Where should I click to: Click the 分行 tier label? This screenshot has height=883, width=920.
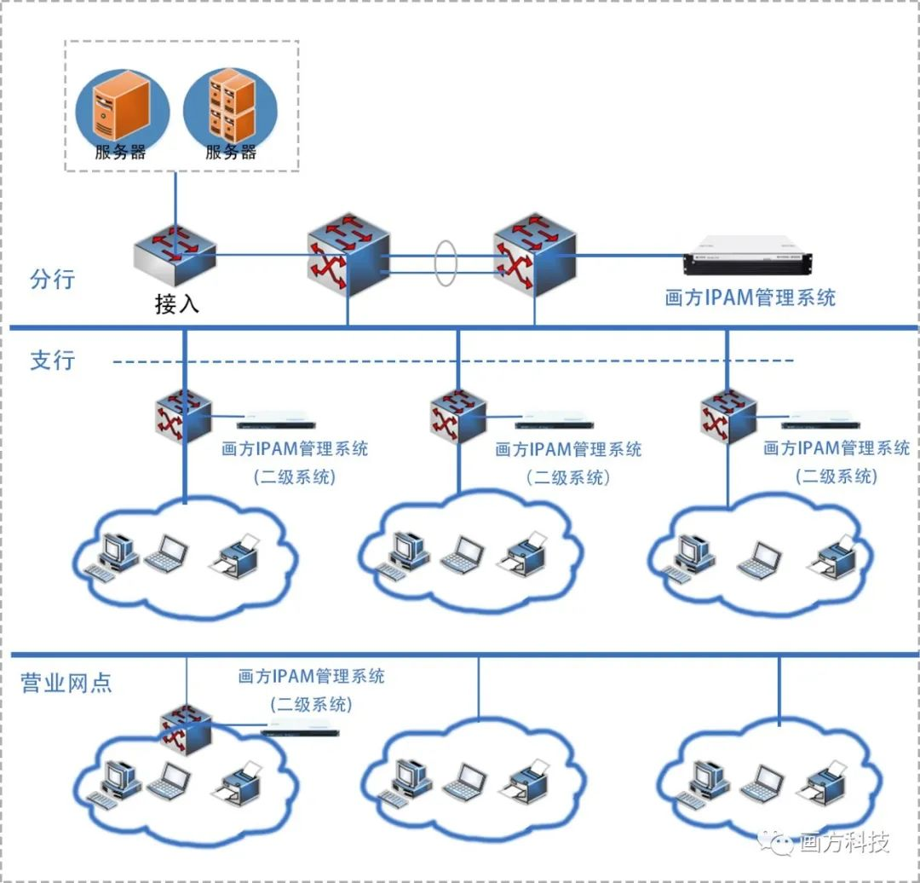[53, 280]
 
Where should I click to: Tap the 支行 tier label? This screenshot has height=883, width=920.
[53, 361]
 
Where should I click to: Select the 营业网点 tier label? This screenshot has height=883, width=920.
[66, 683]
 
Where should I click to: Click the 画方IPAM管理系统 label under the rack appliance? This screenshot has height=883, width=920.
[750, 297]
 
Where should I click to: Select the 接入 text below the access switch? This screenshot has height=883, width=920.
[176, 304]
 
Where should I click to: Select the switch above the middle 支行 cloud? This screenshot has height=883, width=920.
[458, 415]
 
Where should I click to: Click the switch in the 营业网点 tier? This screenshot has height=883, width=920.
[186, 727]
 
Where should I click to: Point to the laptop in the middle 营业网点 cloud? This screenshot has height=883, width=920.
[465, 780]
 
